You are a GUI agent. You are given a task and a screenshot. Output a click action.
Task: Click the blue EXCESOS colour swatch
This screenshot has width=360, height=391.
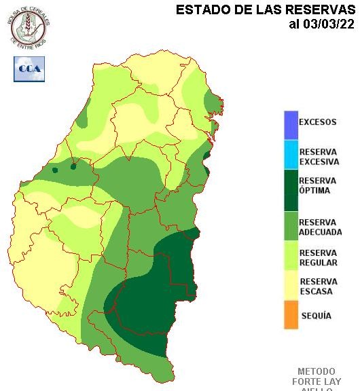coord(291,124)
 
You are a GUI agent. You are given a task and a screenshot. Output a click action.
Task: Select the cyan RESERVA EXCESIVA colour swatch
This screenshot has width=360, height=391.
coord(291,155)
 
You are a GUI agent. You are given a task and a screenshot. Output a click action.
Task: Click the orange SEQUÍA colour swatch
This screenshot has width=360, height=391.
coord(291,316)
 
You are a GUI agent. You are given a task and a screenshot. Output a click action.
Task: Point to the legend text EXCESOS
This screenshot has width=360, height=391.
coord(317,123)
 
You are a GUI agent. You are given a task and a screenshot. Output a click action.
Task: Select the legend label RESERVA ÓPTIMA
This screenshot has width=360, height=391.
coord(317,185)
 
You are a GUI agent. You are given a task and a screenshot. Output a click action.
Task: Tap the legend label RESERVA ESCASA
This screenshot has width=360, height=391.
coord(318,286)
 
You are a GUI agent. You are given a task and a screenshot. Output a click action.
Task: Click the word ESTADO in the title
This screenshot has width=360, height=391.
coord(201,10)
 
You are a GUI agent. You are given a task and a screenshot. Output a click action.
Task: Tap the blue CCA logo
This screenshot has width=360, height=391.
coord(29,69)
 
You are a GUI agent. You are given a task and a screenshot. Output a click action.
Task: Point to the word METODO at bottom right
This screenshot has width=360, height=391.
coord(317,372)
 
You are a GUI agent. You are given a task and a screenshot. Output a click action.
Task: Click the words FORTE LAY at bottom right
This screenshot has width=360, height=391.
coord(317,381)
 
